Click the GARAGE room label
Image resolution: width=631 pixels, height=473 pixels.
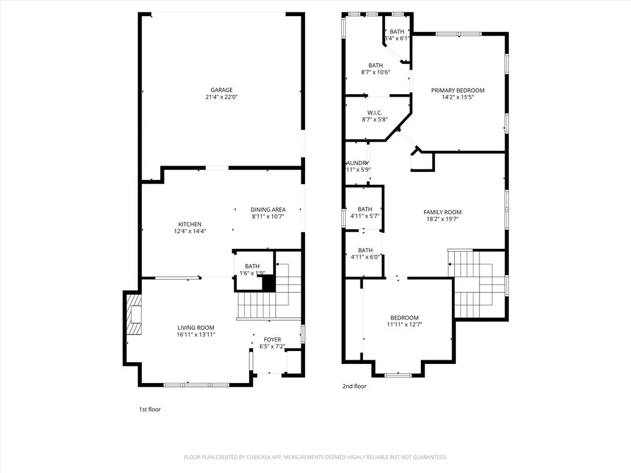click(x=221, y=90)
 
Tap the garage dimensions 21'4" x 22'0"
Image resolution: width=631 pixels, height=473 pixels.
click(x=221, y=97)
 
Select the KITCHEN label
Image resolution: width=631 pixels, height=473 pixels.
click(x=190, y=224)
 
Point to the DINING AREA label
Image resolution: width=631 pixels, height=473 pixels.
click(x=267, y=209)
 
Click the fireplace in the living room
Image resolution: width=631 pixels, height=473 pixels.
click(x=133, y=314)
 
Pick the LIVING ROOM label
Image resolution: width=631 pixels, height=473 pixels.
click(x=196, y=328)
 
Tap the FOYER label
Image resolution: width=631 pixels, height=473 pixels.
click(x=272, y=339)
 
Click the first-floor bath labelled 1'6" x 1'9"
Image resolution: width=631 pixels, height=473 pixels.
click(x=252, y=270)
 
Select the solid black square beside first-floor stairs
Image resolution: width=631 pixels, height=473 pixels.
click(x=268, y=283)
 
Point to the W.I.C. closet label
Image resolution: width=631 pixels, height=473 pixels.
click(x=375, y=112)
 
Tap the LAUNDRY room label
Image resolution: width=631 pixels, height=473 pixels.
click(x=357, y=163)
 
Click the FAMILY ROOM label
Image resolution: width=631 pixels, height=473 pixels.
click(x=442, y=212)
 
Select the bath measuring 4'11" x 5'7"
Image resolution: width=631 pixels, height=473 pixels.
click(x=365, y=212)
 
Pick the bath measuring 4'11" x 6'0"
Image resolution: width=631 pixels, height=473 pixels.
click(x=365, y=254)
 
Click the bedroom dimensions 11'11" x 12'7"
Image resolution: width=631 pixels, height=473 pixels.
click(x=404, y=325)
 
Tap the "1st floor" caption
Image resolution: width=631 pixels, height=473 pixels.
click(x=150, y=409)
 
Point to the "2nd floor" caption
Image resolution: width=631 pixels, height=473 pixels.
click(x=354, y=386)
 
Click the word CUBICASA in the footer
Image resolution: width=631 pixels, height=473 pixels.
click(x=282, y=457)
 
